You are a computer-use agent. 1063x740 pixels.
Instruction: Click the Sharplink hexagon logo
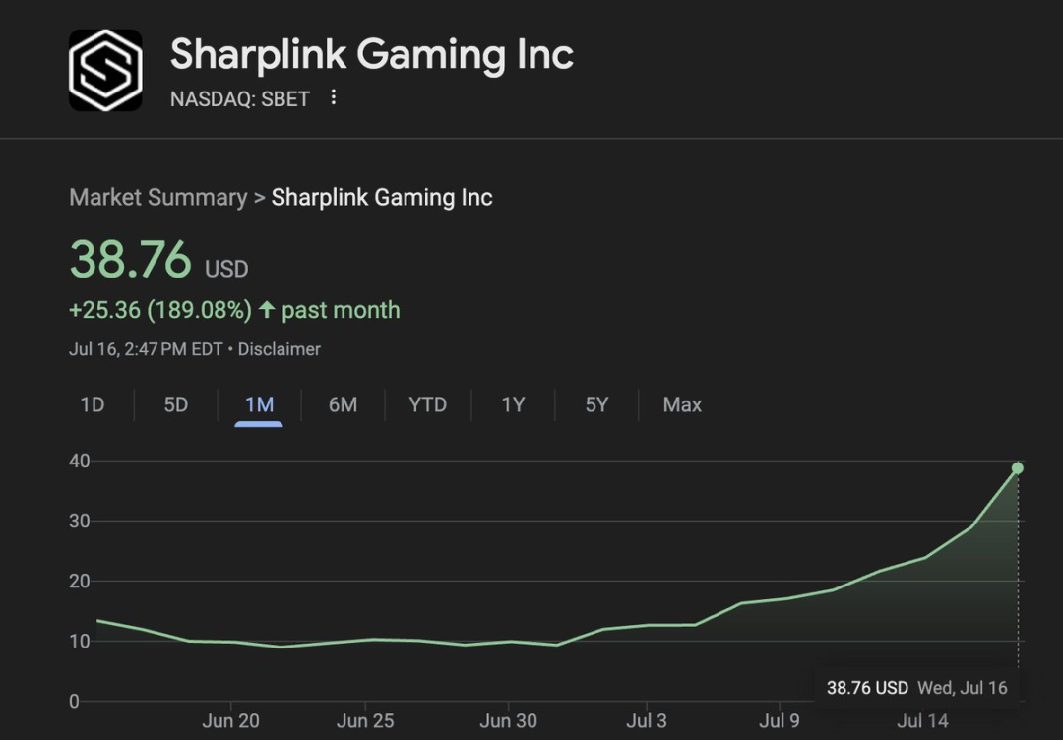105,70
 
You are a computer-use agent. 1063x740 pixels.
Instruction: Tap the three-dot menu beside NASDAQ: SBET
334,97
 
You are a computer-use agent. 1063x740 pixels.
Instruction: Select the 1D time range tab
92,404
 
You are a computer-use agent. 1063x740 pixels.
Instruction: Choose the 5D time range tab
175,404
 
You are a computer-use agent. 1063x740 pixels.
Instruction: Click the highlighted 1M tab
259,404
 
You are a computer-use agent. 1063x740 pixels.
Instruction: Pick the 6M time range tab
343,404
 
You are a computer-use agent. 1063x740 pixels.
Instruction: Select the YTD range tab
427,404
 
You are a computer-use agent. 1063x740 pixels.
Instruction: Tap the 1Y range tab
513,404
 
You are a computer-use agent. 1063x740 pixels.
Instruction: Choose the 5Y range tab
596,404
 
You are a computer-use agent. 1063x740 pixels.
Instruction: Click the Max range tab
682,404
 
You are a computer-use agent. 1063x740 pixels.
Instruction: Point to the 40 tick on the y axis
80,461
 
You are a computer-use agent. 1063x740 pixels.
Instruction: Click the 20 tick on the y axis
80,581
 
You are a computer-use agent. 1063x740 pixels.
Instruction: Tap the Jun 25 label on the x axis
365,721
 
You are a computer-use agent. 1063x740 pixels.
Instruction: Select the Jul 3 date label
646,721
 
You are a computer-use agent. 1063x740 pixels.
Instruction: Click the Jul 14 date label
922,721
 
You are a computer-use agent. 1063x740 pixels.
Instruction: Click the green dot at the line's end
1018,468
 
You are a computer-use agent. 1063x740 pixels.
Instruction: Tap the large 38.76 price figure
130,260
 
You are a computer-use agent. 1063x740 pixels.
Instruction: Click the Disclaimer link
279,349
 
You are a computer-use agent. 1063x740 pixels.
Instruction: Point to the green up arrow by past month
267,310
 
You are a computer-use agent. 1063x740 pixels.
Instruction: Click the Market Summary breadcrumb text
157,197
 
